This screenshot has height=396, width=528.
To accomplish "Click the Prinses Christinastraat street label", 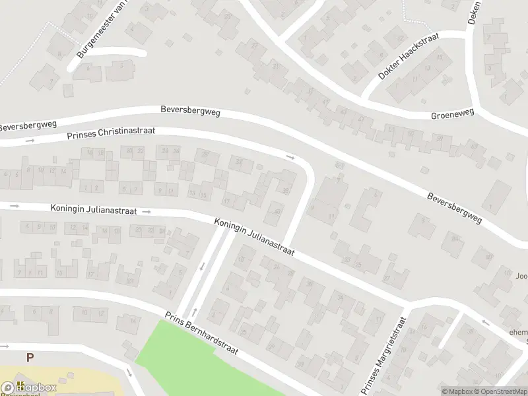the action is (x=111, y=133).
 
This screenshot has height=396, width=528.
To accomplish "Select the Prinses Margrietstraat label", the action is (x=383, y=354).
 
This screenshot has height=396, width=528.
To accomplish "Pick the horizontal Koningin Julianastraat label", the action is (x=93, y=209).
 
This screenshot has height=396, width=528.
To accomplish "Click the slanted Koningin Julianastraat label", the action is (x=253, y=237).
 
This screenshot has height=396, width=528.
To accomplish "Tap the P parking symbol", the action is (x=29, y=357).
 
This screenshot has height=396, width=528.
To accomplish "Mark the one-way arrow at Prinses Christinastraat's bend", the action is (x=290, y=157).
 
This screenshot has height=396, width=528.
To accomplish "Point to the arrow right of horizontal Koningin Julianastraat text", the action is (x=147, y=212).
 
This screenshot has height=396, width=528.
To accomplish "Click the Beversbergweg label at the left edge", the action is (x=28, y=125).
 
